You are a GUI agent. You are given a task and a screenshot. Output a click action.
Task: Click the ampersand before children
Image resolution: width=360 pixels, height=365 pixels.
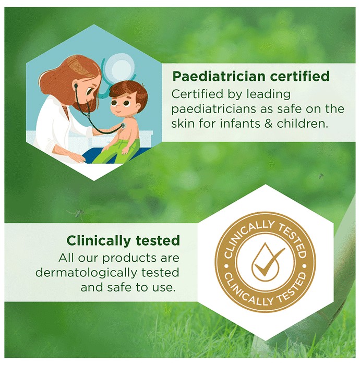pos(269,124)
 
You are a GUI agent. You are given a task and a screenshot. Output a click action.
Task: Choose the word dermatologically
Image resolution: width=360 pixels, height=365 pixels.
pos(86,273)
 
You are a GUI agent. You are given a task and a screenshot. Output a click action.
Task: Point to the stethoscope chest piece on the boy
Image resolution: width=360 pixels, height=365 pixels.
pos(122,126)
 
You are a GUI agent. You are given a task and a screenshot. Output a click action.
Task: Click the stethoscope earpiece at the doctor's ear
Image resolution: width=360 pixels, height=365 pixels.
pos(76,86)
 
